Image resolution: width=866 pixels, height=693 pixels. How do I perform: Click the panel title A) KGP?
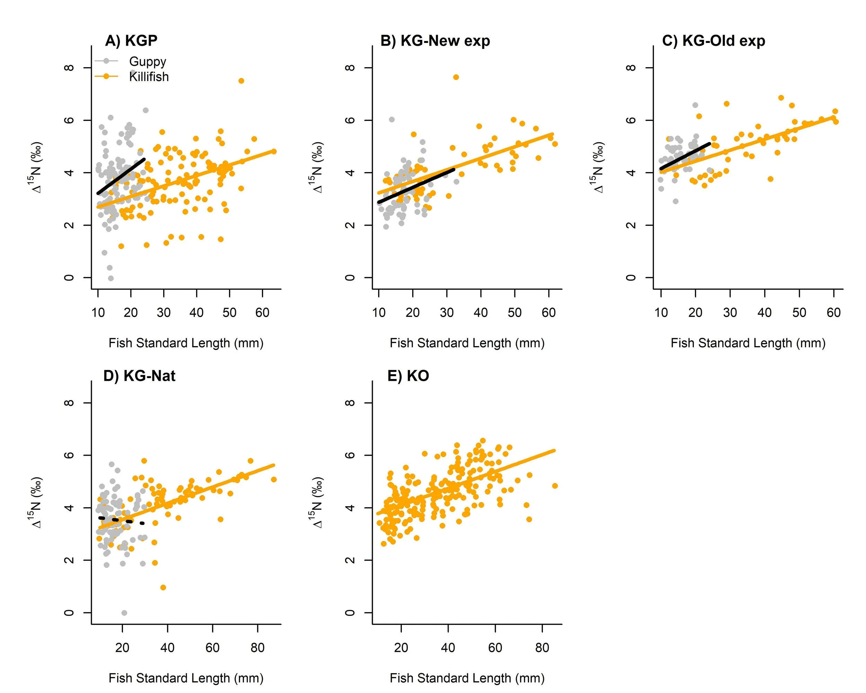click(131, 41)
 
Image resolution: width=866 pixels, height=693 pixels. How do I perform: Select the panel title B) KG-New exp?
click(435, 41)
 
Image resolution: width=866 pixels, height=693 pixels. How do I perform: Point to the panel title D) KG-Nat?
click(139, 376)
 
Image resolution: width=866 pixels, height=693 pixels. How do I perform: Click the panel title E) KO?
click(408, 376)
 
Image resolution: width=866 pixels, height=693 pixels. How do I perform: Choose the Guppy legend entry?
click(147, 61)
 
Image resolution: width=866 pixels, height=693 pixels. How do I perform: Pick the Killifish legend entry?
click(149, 77)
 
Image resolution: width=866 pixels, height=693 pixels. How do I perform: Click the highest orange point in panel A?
click(241, 81)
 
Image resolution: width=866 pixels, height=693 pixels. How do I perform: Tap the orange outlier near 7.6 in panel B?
click(456, 77)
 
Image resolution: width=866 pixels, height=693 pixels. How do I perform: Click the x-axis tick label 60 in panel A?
click(262, 313)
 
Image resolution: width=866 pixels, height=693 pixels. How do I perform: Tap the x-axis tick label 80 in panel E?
click(542, 648)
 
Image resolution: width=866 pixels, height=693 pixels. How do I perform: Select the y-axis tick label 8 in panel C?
click(631, 68)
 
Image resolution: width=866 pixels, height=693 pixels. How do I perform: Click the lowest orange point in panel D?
click(163, 587)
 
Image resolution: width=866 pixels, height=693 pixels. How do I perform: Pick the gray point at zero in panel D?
click(124, 613)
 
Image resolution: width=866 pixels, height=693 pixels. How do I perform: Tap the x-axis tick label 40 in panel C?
click(765, 313)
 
